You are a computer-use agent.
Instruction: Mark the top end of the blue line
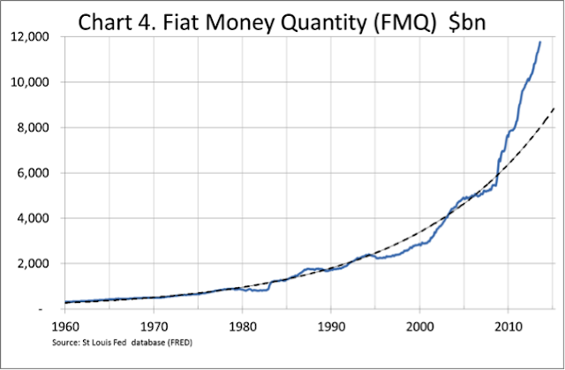tap(539, 42)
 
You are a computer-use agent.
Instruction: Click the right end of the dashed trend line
tap(554, 108)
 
